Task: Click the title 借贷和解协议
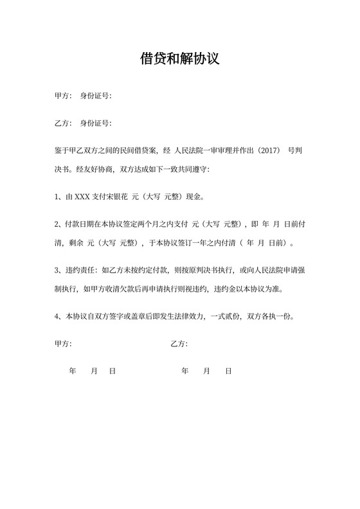(180, 59)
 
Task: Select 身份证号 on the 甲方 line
(94, 96)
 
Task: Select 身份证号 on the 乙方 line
(94, 123)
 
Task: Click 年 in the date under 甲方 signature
(72, 371)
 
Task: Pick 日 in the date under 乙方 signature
(228, 371)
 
